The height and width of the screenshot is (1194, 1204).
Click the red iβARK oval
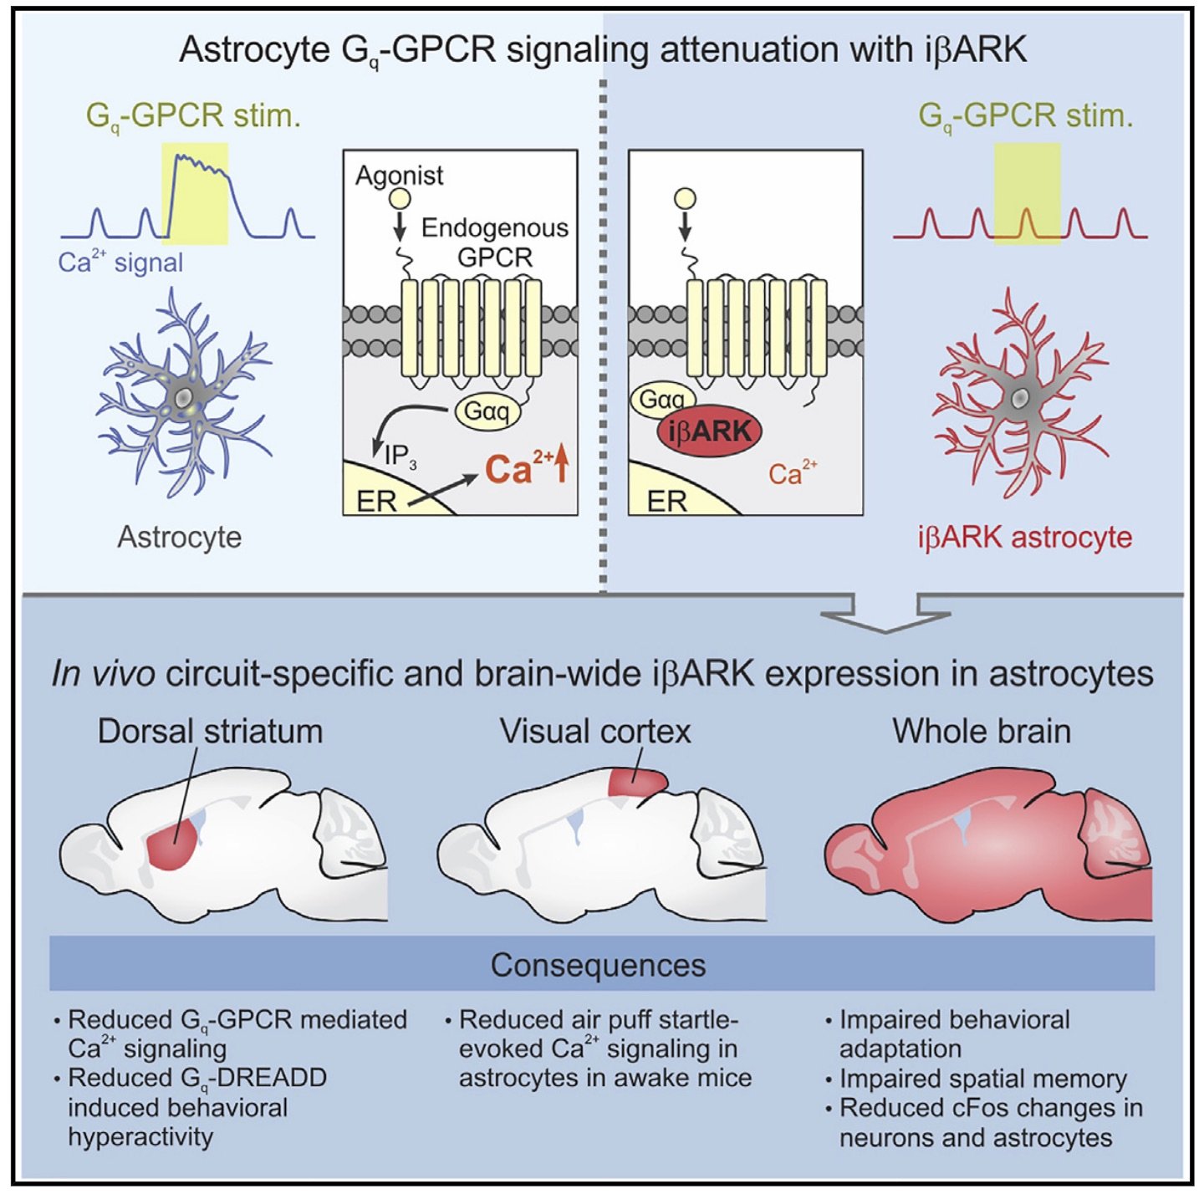710,431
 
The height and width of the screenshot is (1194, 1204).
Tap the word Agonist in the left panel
399,176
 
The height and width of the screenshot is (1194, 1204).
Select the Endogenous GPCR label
495,242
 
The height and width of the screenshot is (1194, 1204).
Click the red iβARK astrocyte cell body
1020,399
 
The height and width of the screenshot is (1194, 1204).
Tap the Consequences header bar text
598,965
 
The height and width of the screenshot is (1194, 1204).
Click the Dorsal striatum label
210,732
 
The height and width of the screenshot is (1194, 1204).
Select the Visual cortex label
595,732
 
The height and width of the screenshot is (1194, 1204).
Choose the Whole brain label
982,732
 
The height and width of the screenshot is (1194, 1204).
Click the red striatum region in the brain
173,845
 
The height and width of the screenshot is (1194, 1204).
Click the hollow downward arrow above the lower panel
885,615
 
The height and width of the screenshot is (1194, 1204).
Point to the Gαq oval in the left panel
487,411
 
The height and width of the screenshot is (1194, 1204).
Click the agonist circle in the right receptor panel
685,199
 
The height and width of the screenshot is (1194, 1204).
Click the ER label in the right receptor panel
666,501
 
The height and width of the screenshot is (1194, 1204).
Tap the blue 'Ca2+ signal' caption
120,262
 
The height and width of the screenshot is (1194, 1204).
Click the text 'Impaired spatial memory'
982,1079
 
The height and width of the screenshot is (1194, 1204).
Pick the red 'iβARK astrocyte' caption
1024,537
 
